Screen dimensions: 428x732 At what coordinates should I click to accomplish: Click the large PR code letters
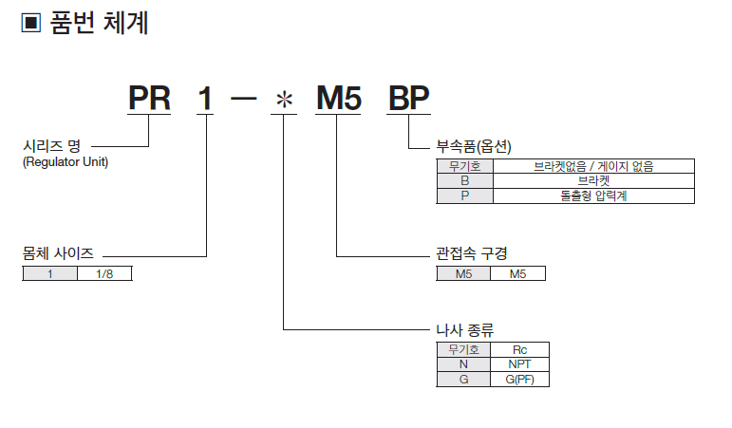pyautogui.click(x=149, y=98)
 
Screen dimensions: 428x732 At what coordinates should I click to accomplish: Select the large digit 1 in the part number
pyautogui.click(x=206, y=98)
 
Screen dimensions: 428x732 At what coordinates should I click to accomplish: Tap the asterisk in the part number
pyautogui.click(x=283, y=99)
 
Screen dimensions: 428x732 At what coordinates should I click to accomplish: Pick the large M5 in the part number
pyautogui.click(x=338, y=98)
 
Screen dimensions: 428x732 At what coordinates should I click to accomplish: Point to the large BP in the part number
pyautogui.click(x=409, y=98)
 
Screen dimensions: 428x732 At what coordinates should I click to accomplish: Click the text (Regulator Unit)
pyautogui.click(x=65, y=162)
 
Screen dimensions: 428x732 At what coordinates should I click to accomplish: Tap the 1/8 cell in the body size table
pyautogui.click(x=104, y=273)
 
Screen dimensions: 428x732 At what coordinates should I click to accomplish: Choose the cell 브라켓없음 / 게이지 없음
pyautogui.click(x=593, y=166)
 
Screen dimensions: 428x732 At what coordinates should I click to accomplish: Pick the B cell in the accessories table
pyautogui.click(x=464, y=180)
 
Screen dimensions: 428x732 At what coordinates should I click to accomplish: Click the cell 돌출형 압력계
pyautogui.click(x=593, y=195)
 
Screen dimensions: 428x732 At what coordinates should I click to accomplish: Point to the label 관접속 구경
pyautogui.click(x=471, y=254)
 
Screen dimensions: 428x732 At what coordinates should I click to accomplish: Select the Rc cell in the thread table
pyautogui.click(x=519, y=349)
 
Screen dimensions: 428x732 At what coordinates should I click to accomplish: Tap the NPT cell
pyautogui.click(x=519, y=364)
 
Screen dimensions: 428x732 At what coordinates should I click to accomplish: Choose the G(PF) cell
pyautogui.click(x=519, y=380)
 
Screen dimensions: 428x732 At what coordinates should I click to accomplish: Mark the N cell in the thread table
pyautogui.click(x=464, y=364)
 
